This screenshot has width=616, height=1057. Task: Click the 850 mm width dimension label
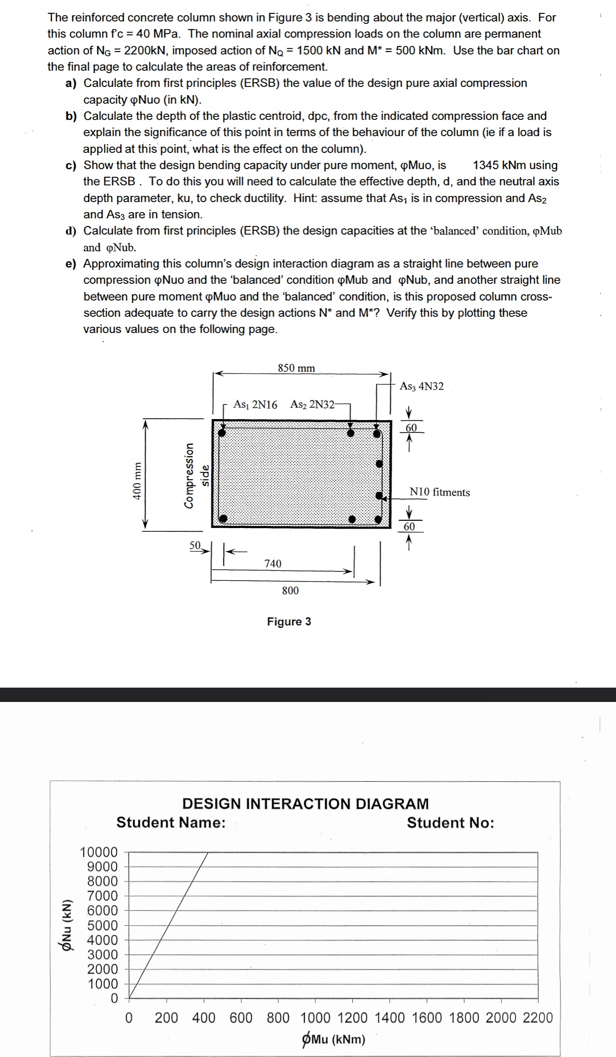(296, 368)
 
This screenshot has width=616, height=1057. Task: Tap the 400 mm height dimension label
(138, 481)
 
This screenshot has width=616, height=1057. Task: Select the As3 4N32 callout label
(422, 386)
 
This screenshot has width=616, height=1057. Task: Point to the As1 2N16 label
(255, 405)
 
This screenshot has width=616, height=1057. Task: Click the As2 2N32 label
(313, 405)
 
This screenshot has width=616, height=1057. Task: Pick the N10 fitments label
(439, 492)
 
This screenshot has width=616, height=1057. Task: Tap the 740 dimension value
(273, 564)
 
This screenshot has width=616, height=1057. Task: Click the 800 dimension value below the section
(290, 591)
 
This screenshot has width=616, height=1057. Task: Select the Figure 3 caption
(289, 622)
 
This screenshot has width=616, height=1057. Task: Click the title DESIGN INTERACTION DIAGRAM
(306, 804)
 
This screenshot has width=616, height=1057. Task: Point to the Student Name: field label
(171, 822)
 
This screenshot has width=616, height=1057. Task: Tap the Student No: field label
(450, 823)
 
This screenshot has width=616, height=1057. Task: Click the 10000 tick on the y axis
(99, 852)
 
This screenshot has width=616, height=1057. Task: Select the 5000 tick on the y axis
(102, 925)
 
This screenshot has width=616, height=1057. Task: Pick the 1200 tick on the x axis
(352, 1017)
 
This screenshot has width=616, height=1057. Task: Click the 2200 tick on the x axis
(538, 1017)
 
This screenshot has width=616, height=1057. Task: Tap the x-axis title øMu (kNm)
(334, 1039)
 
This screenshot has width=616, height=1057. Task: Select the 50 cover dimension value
(195, 545)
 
